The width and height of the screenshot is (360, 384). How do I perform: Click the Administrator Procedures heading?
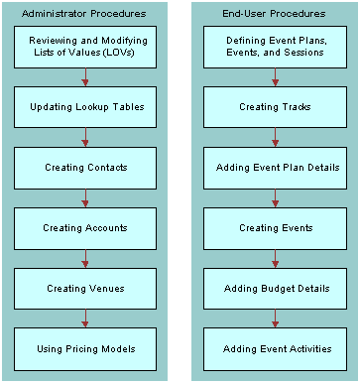85,13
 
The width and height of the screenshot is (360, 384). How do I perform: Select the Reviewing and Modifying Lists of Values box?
85,46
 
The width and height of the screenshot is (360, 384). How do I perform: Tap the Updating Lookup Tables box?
85,106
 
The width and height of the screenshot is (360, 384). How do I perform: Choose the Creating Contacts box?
85,167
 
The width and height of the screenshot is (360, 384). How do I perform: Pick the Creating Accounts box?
85,227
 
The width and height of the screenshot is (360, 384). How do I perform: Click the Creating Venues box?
85,288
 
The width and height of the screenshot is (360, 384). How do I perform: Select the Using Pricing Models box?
85,348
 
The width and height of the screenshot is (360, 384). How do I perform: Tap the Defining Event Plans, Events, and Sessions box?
276,46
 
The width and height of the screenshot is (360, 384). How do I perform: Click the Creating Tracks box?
276,106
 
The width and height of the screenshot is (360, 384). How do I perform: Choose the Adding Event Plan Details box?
276,167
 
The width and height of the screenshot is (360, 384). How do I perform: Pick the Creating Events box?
276,227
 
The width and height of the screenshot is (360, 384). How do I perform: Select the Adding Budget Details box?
276,288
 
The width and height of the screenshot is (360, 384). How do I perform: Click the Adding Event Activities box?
276,348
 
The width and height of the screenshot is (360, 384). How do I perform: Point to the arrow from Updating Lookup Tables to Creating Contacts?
85,137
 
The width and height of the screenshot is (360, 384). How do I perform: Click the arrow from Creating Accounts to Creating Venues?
85,258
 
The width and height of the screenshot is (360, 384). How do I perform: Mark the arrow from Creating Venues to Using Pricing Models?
85,319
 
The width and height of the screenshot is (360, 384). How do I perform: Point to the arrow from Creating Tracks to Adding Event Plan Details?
276,137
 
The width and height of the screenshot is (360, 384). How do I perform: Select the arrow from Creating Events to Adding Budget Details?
276,258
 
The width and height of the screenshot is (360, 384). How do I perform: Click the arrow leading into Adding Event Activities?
276,319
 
